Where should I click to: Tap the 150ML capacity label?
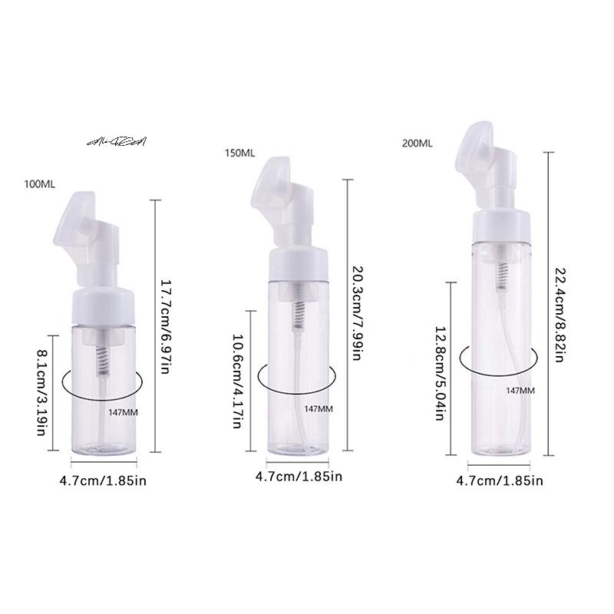click(239, 153)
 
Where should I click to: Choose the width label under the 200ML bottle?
click(500, 481)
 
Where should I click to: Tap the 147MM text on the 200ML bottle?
click(520, 391)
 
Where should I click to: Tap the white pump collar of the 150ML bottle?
click(298, 266)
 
